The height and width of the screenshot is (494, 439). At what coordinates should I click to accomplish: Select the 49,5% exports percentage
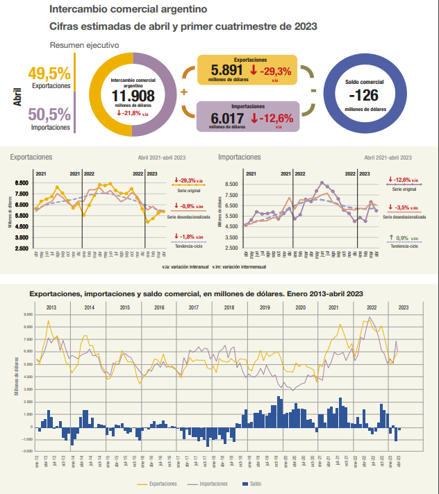49,73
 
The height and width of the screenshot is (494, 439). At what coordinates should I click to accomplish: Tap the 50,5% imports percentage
49,114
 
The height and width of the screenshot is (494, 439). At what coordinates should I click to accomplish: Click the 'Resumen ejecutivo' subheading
84,44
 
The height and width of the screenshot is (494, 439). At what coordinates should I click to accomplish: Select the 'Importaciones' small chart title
240,157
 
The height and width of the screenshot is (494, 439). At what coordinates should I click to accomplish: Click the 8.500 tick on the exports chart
22,182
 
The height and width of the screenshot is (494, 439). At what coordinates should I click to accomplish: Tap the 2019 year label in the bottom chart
263,307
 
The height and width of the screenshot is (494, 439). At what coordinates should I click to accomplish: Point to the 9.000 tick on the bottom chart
28,314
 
